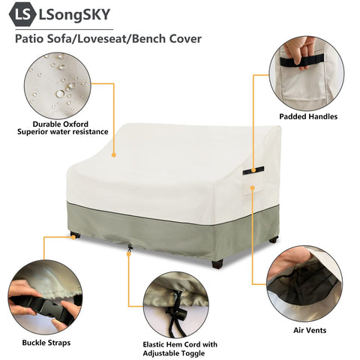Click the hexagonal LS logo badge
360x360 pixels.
tap(22, 14)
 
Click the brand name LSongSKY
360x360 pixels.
tap(74, 14)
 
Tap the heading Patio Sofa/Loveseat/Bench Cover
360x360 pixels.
tap(108, 39)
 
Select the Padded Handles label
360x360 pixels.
tap(308, 116)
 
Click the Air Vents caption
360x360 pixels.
tap(310, 330)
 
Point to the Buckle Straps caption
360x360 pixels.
tap(46, 343)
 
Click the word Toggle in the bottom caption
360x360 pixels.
tap(192, 353)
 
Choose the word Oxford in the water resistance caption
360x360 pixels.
tap(76, 124)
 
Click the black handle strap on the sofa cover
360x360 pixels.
tap(253, 170)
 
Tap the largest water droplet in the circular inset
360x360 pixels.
tap(60, 94)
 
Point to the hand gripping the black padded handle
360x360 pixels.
tap(298, 50)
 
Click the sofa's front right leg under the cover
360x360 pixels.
tap(217, 264)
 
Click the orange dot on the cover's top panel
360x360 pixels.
tap(114, 155)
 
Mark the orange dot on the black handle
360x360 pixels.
tap(253, 170)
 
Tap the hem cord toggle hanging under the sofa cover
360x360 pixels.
tap(130, 249)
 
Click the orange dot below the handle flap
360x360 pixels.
tap(253, 187)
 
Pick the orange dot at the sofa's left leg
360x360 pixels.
tap(73, 237)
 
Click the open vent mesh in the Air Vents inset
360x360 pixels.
tap(304, 285)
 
